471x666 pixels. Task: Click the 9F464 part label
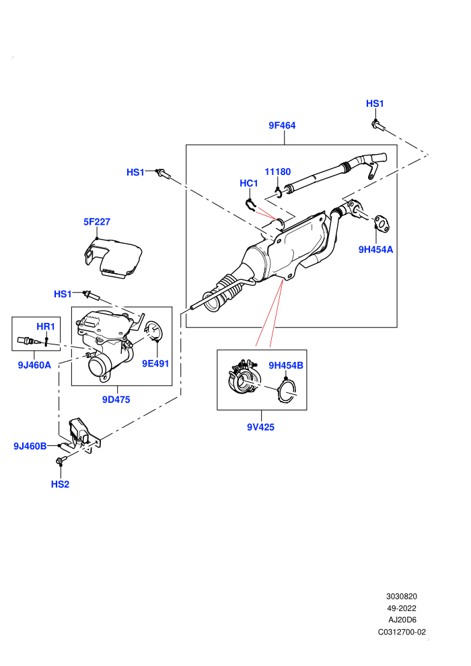click(x=282, y=125)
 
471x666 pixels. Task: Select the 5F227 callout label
click(x=97, y=222)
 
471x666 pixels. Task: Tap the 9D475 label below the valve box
click(x=116, y=400)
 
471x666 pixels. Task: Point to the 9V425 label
click(x=261, y=427)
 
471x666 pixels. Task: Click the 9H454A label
click(x=376, y=250)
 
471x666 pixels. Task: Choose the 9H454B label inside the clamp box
click(x=286, y=365)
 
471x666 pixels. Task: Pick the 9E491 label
click(x=155, y=363)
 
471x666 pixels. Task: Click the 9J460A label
click(x=34, y=365)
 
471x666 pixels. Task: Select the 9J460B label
click(x=30, y=447)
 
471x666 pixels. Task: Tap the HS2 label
click(x=60, y=484)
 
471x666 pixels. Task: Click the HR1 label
click(x=46, y=327)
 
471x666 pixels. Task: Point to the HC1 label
click(x=249, y=183)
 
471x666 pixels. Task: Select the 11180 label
click(x=278, y=172)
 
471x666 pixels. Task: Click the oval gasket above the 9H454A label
click(x=382, y=223)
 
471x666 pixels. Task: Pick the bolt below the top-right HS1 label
click(x=377, y=125)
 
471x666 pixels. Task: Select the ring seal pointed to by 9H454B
click(x=287, y=392)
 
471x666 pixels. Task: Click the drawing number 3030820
click(x=401, y=597)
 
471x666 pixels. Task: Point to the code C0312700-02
click(x=402, y=632)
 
